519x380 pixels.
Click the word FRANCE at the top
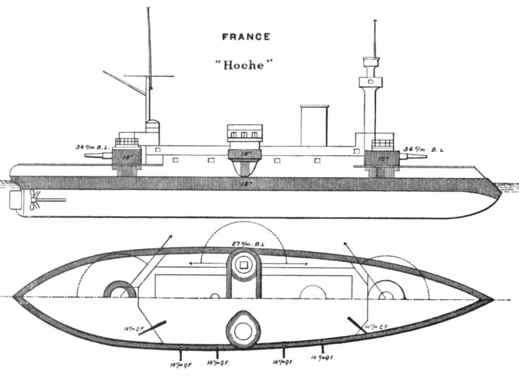pyautogui.click(x=246, y=37)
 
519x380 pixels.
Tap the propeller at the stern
pyautogui.click(x=35, y=199)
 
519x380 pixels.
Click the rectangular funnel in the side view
pyautogui.click(x=314, y=125)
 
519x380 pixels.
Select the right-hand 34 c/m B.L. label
pyautogui.click(x=424, y=150)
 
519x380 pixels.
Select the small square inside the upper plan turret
pyautogui.click(x=244, y=265)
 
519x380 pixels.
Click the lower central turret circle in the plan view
pyautogui.click(x=243, y=329)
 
